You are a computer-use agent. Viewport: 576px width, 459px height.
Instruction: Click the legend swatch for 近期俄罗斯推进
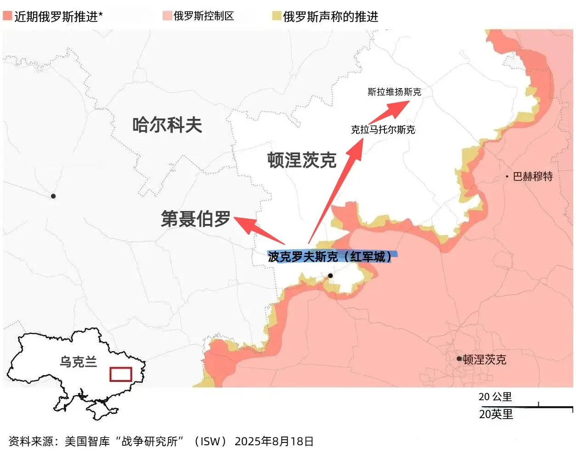pyautogui.click(x=7, y=17)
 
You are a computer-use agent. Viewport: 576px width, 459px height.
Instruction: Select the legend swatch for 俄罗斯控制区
pyautogui.click(x=167, y=16)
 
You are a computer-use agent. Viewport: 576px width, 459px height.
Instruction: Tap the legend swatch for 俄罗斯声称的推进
pyautogui.click(x=276, y=17)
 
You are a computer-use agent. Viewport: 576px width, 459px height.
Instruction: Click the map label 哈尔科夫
pyautogui.click(x=167, y=125)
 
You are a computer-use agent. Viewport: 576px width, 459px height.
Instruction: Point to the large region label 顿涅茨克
pyautogui.click(x=302, y=160)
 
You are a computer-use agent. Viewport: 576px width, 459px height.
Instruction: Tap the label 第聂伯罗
pyautogui.click(x=196, y=219)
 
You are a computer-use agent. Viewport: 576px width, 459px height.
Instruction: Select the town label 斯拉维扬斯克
pyautogui.click(x=394, y=92)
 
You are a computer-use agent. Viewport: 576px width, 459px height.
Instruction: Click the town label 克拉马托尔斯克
pyautogui.click(x=383, y=129)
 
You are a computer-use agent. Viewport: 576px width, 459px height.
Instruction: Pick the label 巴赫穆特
pyautogui.click(x=532, y=176)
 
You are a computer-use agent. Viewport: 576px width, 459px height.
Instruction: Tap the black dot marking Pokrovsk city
pyautogui.click(x=330, y=275)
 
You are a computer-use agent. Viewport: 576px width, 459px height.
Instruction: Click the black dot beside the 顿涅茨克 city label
pyautogui.click(x=459, y=358)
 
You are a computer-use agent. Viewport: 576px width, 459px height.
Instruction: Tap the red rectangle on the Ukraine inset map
pyautogui.click(x=121, y=374)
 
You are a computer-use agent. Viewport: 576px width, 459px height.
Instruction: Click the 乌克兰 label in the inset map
pyautogui.click(x=79, y=362)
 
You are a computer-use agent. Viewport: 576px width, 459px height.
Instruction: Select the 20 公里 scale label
pyautogui.click(x=495, y=397)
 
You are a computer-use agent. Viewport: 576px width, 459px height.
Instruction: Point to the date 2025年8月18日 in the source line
pyautogui.click(x=274, y=442)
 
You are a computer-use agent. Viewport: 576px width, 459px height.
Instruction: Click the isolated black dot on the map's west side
pyautogui.click(x=53, y=196)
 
